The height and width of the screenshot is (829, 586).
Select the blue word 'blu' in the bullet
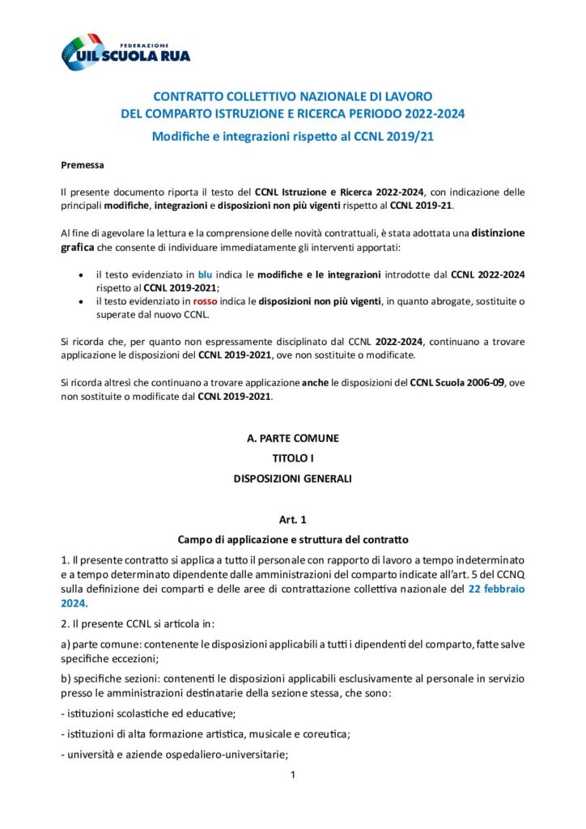[205, 275]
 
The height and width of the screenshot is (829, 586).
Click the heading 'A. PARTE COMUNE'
[292, 438]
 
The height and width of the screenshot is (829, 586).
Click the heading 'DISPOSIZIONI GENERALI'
[292, 478]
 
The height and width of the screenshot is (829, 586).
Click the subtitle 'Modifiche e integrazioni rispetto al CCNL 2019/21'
[292, 136]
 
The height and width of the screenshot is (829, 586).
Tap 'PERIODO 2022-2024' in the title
[414, 113]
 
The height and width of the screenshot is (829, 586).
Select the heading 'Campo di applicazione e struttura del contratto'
[292, 538]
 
